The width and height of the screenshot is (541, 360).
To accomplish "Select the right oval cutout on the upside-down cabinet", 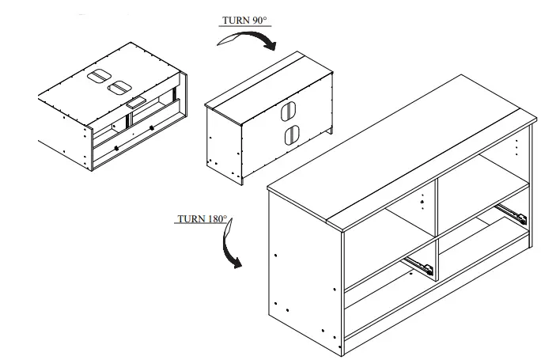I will (120, 87).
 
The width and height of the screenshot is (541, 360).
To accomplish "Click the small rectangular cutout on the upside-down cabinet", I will (136, 102).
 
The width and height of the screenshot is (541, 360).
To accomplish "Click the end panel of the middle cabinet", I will (222, 142).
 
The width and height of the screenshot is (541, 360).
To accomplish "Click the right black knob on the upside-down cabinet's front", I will (152, 128).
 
